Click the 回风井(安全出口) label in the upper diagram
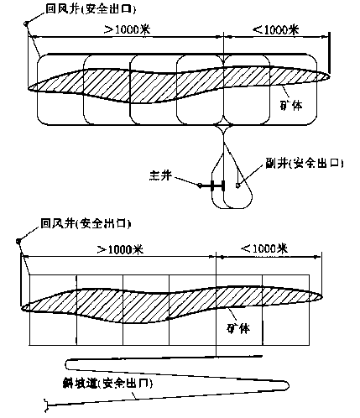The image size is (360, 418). click(x=91, y=9)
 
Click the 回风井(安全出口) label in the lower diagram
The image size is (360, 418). click(x=86, y=223)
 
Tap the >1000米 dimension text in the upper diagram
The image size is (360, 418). click(x=128, y=29)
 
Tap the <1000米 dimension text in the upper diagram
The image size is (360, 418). click(x=275, y=29)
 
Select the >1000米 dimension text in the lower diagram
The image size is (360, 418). click(x=120, y=249)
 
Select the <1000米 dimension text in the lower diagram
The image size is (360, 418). click(x=264, y=248)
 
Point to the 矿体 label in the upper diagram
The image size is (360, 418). click(x=291, y=105)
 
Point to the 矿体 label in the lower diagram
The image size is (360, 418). click(x=238, y=328)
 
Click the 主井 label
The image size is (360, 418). click(x=160, y=175)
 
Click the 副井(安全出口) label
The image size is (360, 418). click(x=305, y=163)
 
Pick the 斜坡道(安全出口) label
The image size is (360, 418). click(x=107, y=384)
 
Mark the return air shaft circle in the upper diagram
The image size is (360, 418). click(x=26, y=24)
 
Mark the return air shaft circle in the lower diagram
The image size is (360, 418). click(x=18, y=241)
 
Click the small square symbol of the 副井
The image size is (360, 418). click(x=237, y=185)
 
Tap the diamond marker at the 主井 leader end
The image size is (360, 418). click(x=200, y=185)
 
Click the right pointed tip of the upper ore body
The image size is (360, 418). click(x=330, y=76)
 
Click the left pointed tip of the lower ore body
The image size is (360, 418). click(x=22, y=308)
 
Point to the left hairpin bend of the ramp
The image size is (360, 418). click(x=66, y=364)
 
